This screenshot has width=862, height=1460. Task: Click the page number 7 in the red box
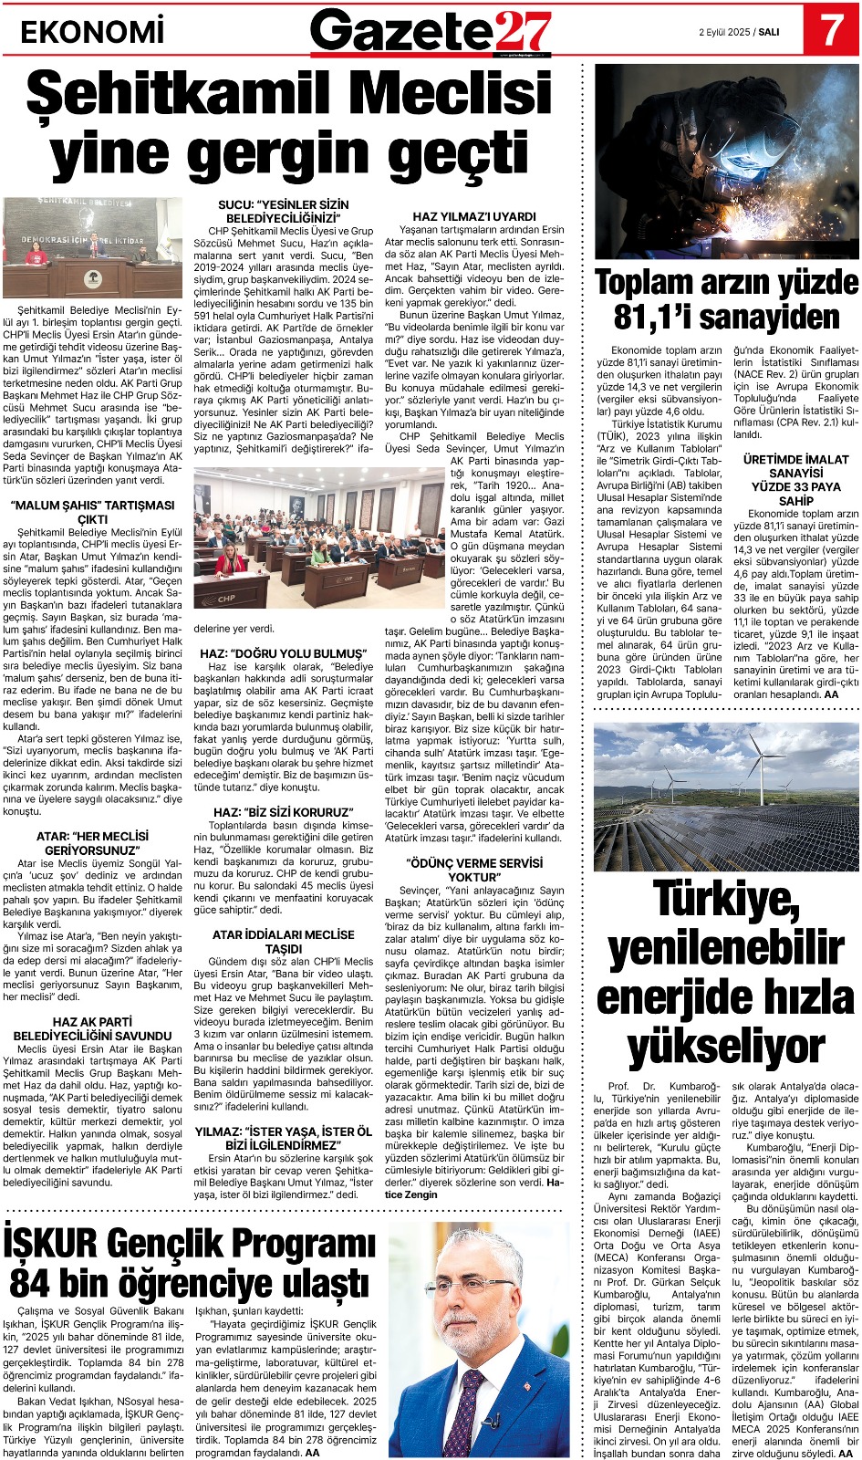831,30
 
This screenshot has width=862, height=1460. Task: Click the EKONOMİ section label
92,33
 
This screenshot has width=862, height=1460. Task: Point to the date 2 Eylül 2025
724,32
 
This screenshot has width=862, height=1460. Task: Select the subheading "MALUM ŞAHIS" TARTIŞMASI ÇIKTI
92,512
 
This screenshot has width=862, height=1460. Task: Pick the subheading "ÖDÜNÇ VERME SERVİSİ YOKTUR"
474,870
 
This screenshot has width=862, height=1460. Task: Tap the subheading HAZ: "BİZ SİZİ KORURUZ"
283,811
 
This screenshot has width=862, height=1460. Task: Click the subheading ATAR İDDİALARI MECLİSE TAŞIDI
283,942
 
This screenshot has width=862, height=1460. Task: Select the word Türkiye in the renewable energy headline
726,899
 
